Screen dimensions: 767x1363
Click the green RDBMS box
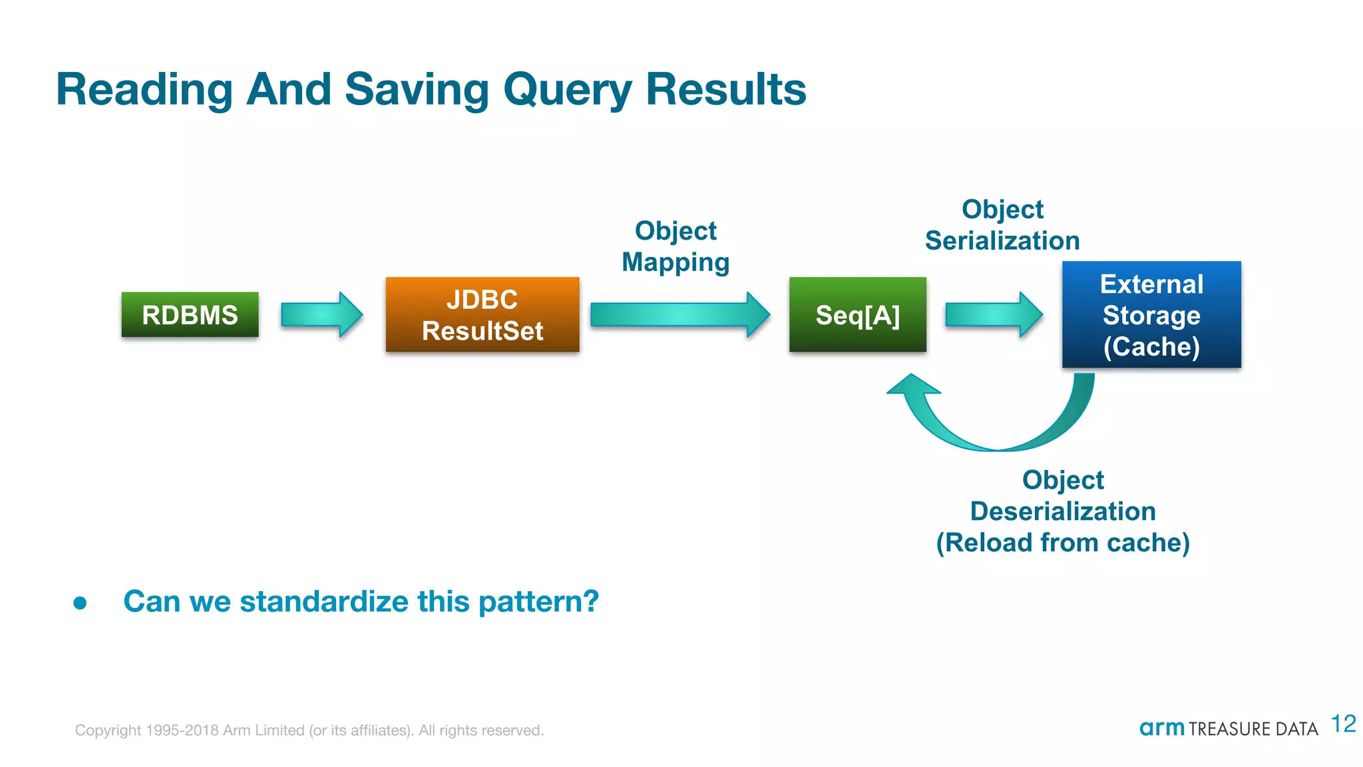190,314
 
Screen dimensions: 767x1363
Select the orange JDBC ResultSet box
483,314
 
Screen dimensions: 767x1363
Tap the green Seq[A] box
857,314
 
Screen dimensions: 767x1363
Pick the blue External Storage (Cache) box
1151,314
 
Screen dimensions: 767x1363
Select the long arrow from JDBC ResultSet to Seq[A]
679,314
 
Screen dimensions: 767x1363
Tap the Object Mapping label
676,246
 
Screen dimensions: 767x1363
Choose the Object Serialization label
1002,225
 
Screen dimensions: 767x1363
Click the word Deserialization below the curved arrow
1063,511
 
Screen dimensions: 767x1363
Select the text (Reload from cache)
1063,543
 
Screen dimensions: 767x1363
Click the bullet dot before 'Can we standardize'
81,603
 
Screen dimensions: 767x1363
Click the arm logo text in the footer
1161,728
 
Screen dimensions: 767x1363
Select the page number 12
1343,724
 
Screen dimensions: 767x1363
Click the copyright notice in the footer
309,730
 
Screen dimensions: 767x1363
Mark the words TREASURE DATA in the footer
1253,730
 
